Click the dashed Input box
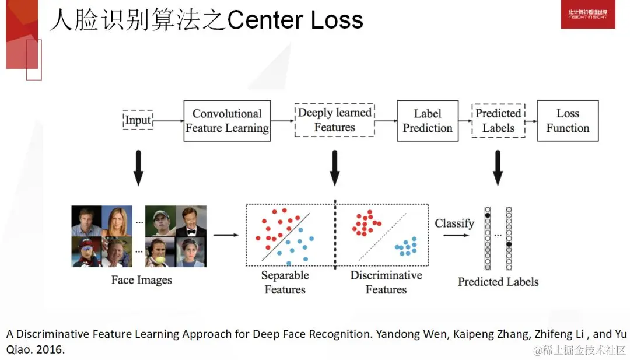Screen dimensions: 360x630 click(x=138, y=120)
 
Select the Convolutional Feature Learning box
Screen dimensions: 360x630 click(x=227, y=121)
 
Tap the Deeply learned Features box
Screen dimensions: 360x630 click(x=334, y=120)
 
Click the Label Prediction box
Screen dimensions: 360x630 click(x=427, y=121)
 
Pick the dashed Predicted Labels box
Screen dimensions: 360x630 click(x=498, y=121)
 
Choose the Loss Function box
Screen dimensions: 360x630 click(x=568, y=121)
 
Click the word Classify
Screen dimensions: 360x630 click(x=454, y=223)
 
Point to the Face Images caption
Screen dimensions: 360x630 click(x=142, y=280)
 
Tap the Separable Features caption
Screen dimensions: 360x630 click(x=285, y=282)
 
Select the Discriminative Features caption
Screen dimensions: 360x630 click(x=386, y=282)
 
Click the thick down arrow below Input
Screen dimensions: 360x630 click(x=138, y=168)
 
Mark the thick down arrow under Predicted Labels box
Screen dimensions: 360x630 click(x=498, y=168)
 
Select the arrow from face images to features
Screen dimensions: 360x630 click(x=226, y=235)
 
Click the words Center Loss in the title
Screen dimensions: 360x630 click(x=295, y=20)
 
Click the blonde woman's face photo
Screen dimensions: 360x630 click(x=117, y=220)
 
